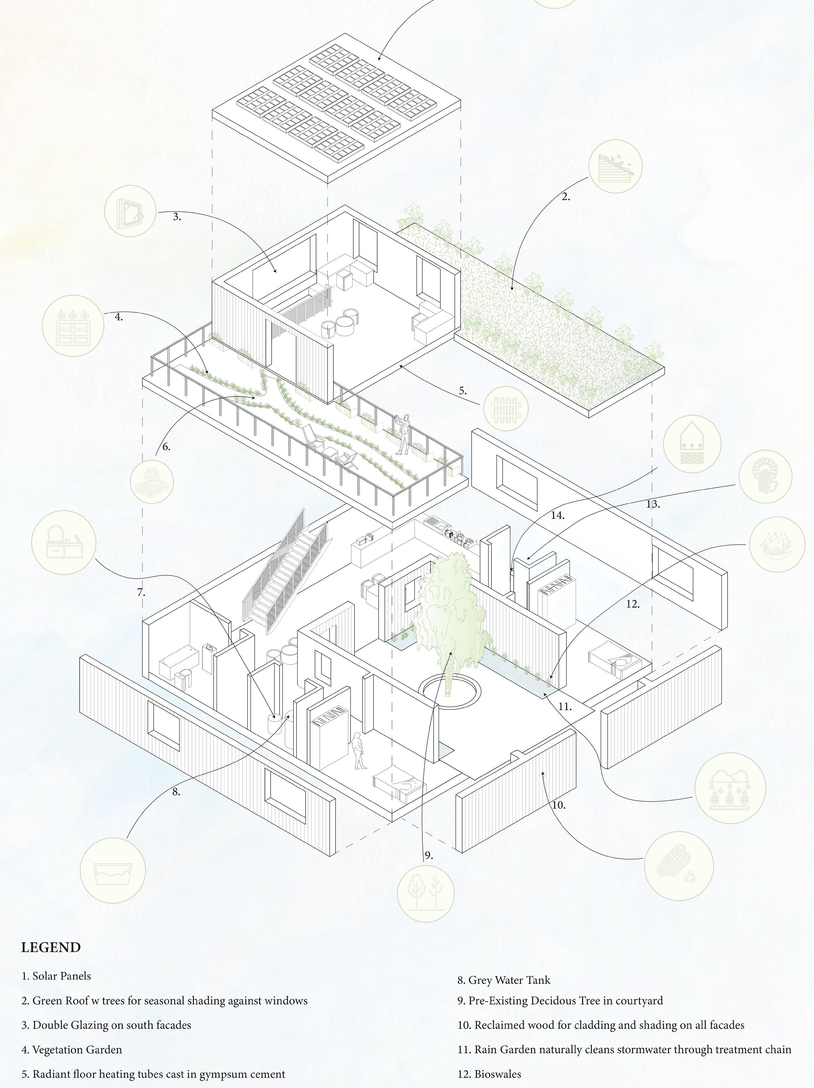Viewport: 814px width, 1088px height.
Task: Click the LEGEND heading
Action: click(x=51, y=947)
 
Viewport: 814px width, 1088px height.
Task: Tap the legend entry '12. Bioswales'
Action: click(x=489, y=1074)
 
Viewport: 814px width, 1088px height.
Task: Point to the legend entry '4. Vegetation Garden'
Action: click(x=72, y=1050)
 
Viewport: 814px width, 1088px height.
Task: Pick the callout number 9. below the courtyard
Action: click(x=429, y=856)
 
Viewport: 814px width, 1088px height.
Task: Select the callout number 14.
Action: click(x=557, y=516)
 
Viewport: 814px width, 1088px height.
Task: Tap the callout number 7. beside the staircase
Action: click(x=141, y=593)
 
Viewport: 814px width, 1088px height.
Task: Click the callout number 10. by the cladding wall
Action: click(x=559, y=805)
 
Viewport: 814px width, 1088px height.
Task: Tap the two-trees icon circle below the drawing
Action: click(x=426, y=893)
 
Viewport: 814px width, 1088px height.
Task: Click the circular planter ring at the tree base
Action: click(x=449, y=692)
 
